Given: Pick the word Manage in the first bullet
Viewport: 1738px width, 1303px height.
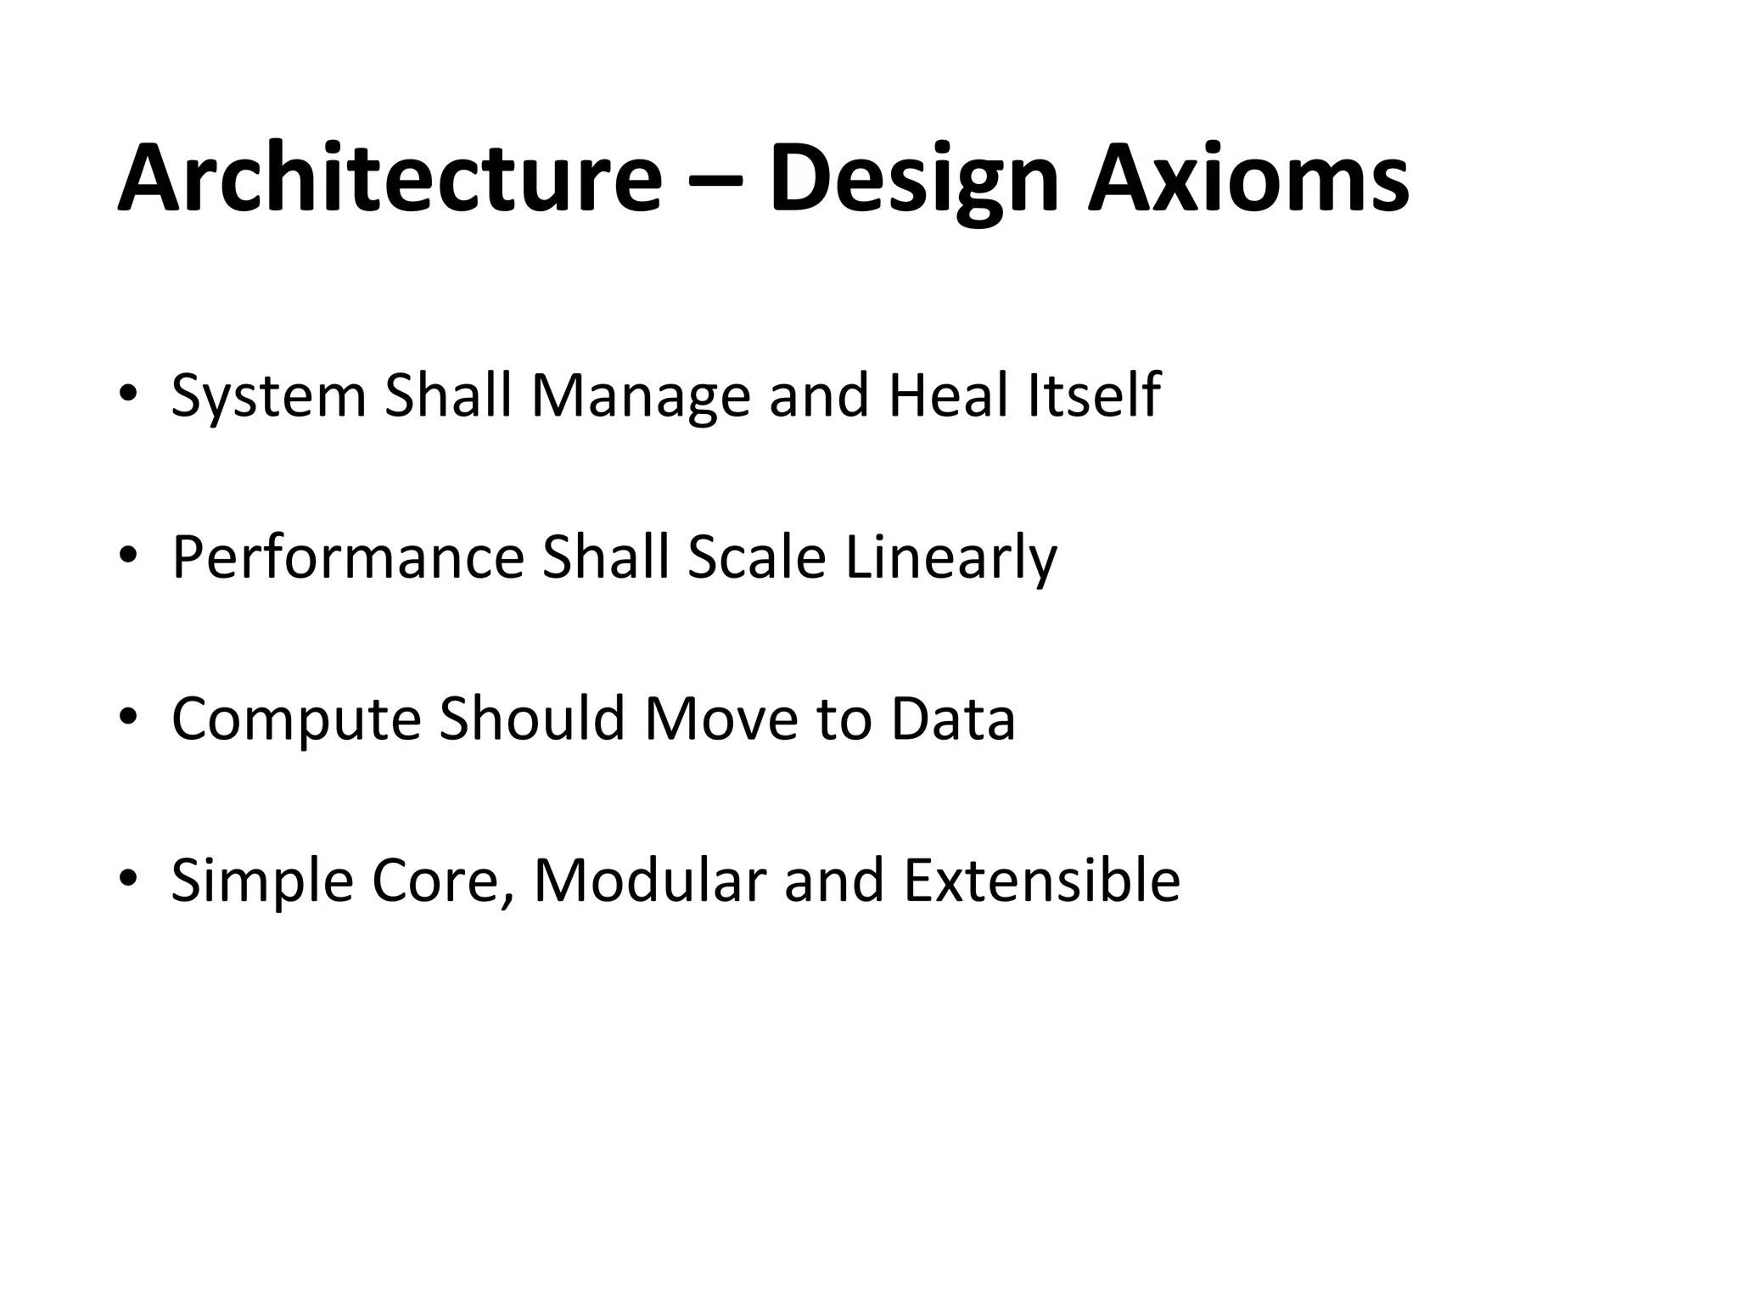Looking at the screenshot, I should [641, 397].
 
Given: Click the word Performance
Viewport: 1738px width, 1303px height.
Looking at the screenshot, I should [348, 558].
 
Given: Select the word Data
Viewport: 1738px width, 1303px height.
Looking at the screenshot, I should [952, 719].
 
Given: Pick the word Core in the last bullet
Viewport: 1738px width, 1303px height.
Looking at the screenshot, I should [442, 881].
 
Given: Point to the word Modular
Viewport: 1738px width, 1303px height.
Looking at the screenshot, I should [649, 881].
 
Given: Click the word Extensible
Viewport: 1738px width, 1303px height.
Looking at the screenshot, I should [1041, 881].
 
